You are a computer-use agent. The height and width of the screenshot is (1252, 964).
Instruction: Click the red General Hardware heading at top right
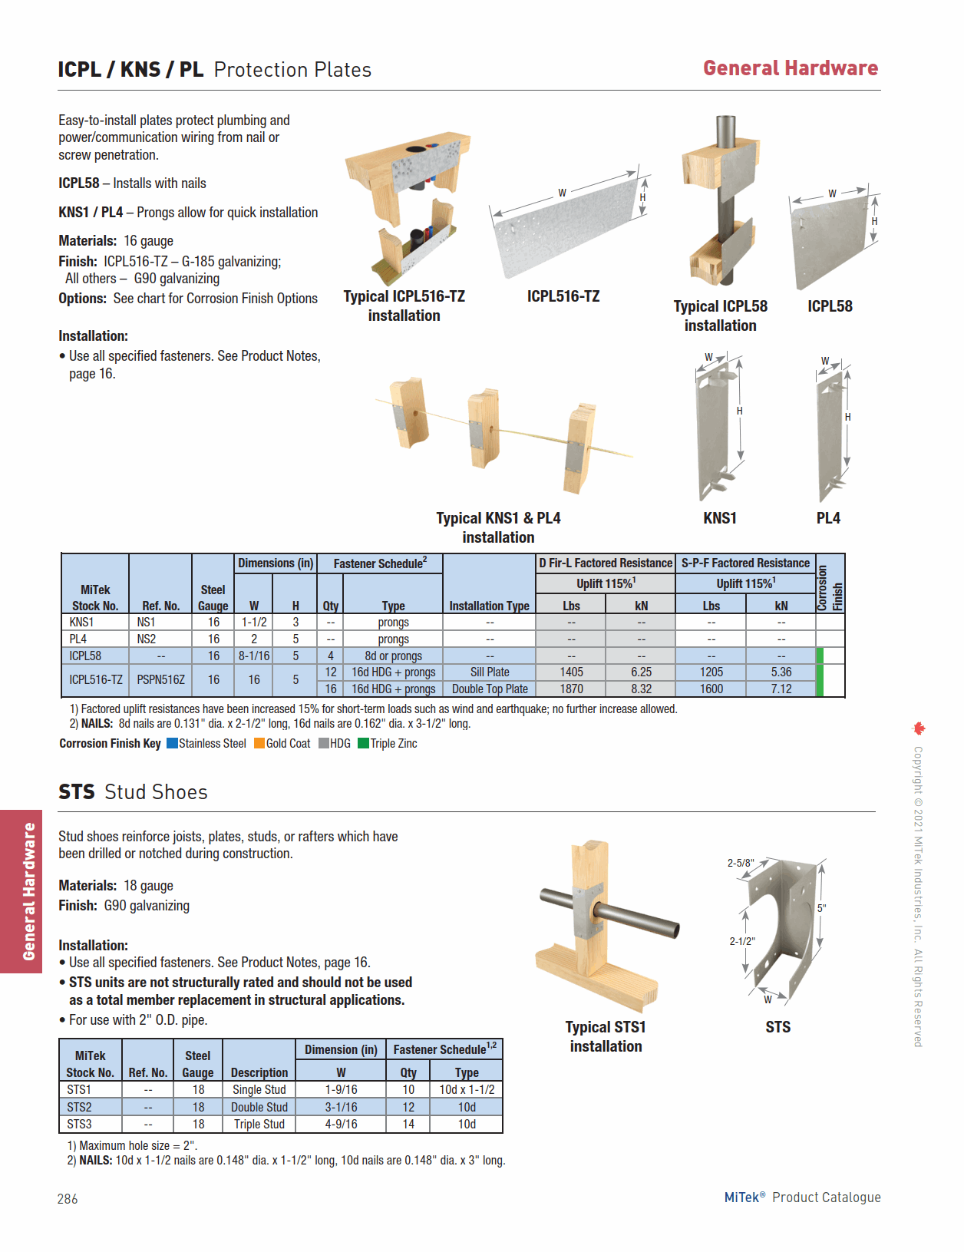click(790, 68)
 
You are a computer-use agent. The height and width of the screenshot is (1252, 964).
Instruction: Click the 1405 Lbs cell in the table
click(571, 672)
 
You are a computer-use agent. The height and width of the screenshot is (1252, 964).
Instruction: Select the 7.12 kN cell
click(781, 689)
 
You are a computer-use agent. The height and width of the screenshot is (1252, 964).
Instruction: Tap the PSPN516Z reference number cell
click(160, 679)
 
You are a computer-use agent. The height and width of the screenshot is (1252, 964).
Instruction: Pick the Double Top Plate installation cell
click(490, 689)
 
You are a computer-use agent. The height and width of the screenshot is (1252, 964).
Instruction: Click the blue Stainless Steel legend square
click(172, 743)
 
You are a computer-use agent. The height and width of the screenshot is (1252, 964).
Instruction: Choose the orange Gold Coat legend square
click(259, 743)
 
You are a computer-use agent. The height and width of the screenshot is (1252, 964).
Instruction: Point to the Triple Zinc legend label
click(394, 743)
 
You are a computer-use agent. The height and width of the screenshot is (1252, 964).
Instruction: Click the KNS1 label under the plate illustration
click(719, 518)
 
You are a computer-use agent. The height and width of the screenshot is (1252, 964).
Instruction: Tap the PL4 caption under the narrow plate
click(827, 518)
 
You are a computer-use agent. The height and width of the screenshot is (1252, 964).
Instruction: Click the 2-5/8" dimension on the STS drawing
click(741, 863)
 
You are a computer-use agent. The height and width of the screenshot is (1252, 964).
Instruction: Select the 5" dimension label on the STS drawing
click(821, 908)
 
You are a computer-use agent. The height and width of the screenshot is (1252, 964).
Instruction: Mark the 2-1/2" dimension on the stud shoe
click(741, 941)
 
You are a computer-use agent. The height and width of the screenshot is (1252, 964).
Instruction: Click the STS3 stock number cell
click(79, 1124)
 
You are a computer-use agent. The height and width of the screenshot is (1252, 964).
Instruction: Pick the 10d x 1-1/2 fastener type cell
click(467, 1089)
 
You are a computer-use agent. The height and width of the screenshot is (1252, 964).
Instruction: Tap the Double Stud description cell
click(259, 1107)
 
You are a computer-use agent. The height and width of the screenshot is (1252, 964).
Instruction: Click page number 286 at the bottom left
click(68, 1198)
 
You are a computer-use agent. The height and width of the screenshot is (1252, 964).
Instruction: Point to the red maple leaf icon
click(919, 728)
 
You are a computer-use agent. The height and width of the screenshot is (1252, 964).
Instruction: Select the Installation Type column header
click(489, 606)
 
